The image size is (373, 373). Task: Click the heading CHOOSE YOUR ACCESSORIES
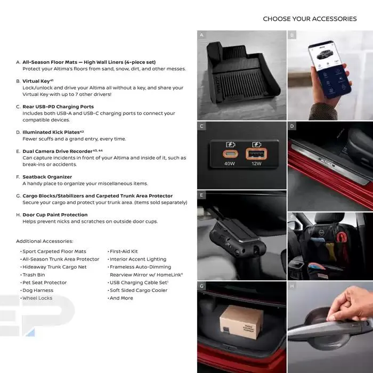click(310, 19)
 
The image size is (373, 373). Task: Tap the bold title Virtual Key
click(36, 81)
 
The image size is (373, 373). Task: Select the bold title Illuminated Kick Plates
click(51, 132)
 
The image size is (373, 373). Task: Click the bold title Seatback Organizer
click(47, 177)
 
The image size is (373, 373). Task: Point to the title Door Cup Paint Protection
click(55, 215)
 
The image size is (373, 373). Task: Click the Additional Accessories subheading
click(44, 241)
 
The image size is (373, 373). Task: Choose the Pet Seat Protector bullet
click(44, 282)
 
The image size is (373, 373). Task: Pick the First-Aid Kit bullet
click(124, 252)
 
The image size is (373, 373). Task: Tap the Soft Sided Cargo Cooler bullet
click(139, 290)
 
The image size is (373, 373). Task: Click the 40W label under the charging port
click(230, 164)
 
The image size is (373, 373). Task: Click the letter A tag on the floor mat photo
click(202, 35)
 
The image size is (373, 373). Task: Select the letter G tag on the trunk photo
click(202, 286)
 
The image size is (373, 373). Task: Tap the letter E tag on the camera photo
click(202, 195)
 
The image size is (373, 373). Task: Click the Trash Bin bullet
click(34, 275)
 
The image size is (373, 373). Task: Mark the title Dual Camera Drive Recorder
click(57, 151)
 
